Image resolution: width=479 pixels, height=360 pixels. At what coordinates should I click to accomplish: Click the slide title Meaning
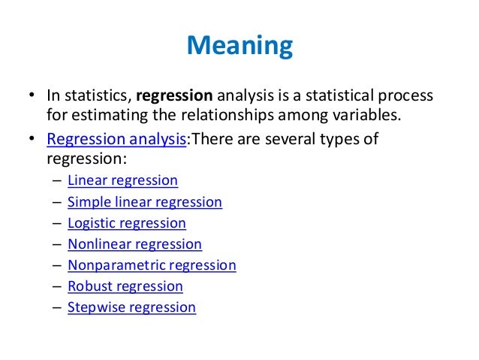[239, 47]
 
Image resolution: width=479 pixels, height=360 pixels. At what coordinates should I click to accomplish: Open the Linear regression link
[122, 180]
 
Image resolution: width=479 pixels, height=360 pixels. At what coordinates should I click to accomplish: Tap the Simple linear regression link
[145, 201]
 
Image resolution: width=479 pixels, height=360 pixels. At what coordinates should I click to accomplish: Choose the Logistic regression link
[127, 222]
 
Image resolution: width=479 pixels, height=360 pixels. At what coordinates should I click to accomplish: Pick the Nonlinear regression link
[134, 244]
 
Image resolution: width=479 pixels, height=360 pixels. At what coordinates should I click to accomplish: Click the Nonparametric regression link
[152, 265]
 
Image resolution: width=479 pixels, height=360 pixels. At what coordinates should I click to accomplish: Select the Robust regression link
[125, 286]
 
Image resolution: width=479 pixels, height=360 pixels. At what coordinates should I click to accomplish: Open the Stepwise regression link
[131, 307]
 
